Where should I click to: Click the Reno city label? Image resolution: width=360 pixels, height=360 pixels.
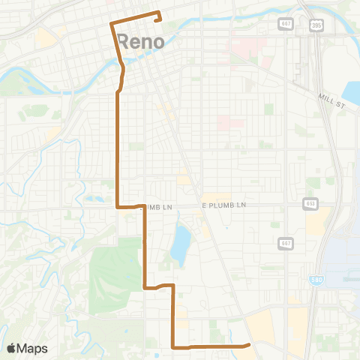click(x=141, y=41)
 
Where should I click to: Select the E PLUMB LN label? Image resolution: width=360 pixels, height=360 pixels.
click(x=223, y=205)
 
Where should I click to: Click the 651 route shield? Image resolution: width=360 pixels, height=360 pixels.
click(x=310, y=204)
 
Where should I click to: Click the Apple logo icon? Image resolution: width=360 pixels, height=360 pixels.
click(x=11, y=348)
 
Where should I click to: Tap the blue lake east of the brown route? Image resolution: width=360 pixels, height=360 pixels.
click(x=180, y=244)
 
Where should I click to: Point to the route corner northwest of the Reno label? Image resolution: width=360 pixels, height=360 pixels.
click(x=112, y=24)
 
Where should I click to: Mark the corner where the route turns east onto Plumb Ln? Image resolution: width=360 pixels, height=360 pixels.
click(x=116, y=206)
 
